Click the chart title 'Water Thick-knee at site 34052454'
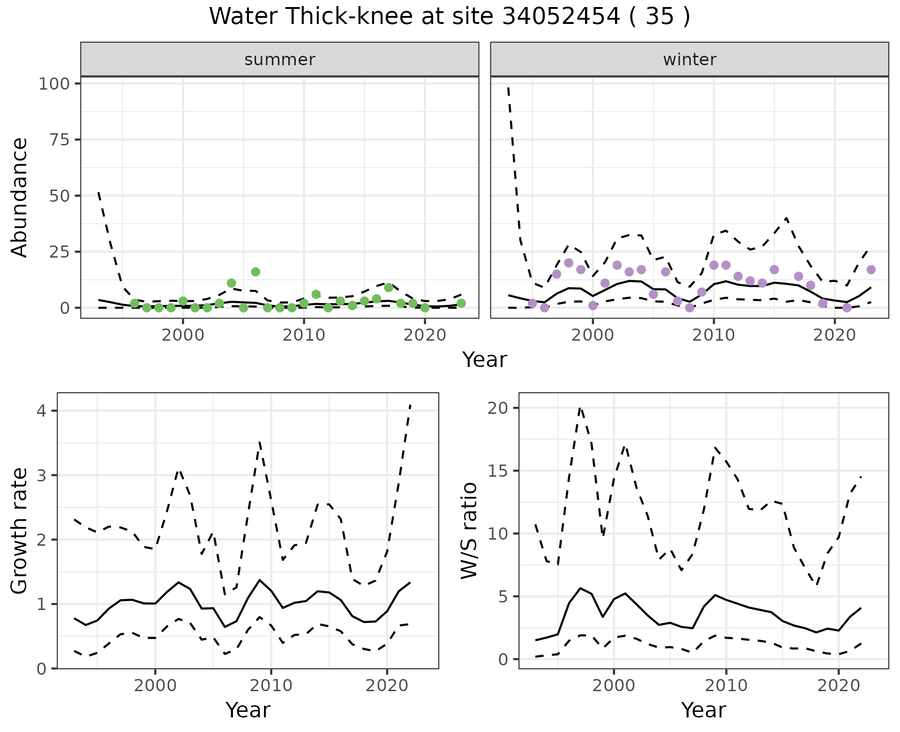click(449, 17)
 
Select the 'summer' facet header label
click(280, 60)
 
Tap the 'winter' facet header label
click(690, 60)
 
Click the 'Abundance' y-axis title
click(20, 197)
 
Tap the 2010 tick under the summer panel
click(304, 335)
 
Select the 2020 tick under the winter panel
click(834, 335)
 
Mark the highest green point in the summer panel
click(255, 272)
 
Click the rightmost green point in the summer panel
click(461, 303)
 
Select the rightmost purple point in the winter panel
click(871, 269)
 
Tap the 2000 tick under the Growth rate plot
click(155, 686)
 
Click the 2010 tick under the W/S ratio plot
click(726, 686)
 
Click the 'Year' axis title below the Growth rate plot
click(248, 710)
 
